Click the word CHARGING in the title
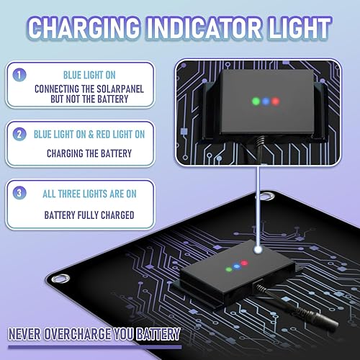(x=92, y=29)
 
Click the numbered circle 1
(x=20, y=73)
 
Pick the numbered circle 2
(x=20, y=134)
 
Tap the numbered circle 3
(x=20, y=194)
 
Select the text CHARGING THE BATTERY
(x=89, y=153)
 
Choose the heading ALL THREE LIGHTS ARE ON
(x=89, y=194)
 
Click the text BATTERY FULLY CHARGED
(x=89, y=214)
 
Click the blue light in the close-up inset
(x=265, y=102)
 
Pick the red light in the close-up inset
(x=275, y=101)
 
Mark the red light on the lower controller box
(x=244, y=264)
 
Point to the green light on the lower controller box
(x=229, y=270)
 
